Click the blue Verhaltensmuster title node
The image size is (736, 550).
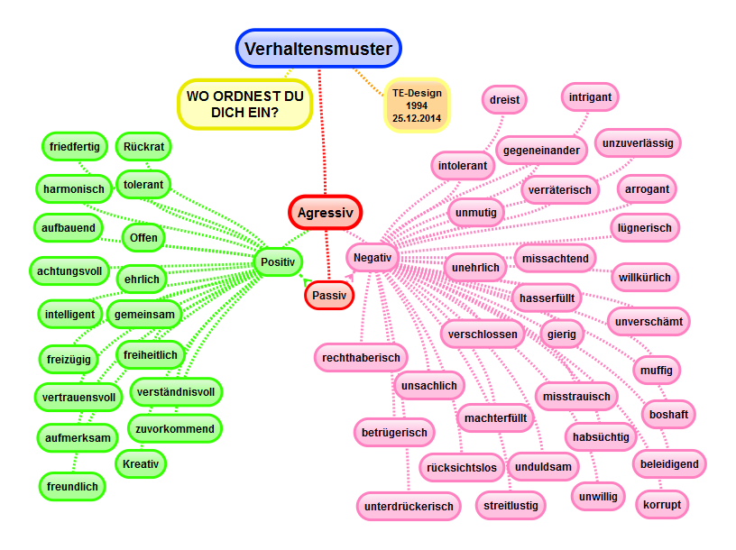click(x=319, y=49)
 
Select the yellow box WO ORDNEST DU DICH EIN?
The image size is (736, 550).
click(x=244, y=105)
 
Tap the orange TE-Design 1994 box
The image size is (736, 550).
click(x=418, y=105)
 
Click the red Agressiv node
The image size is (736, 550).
click(x=326, y=213)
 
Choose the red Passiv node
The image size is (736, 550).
click(x=329, y=294)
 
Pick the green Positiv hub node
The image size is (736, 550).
click(x=277, y=262)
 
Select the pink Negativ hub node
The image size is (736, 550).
click(x=373, y=258)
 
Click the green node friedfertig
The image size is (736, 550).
click(x=75, y=145)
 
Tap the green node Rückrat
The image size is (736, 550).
click(x=143, y=145)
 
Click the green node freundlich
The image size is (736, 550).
click(x=72, y=487)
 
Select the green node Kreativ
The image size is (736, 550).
click(x=141, y=464)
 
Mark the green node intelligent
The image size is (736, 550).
click(x=69, y=315)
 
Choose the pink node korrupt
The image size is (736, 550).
click(x=662, y=503)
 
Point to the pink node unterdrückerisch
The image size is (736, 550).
click(x=409, y=507)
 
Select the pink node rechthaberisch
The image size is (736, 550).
click(x=361, y=358)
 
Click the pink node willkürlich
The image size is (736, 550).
click(x=644, y=277)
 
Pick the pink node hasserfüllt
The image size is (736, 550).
click(x=547, y=297)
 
